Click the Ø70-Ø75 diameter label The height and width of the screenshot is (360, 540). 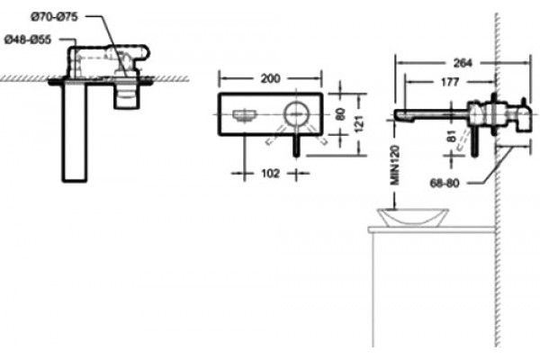point(54,16)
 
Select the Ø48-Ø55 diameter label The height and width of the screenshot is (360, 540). point(28,40)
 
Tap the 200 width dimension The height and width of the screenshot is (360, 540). point(270,78)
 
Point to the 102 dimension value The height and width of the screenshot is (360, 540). point(270,174)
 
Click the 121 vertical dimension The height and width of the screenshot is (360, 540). point(359,123)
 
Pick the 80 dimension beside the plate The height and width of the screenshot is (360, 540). point(340,114)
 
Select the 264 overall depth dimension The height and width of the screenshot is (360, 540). point(463,63)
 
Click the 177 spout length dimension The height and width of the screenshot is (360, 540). point(451,82)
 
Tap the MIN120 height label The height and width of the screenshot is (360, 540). point(395,166)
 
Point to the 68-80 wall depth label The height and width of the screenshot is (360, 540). point(445,183)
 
